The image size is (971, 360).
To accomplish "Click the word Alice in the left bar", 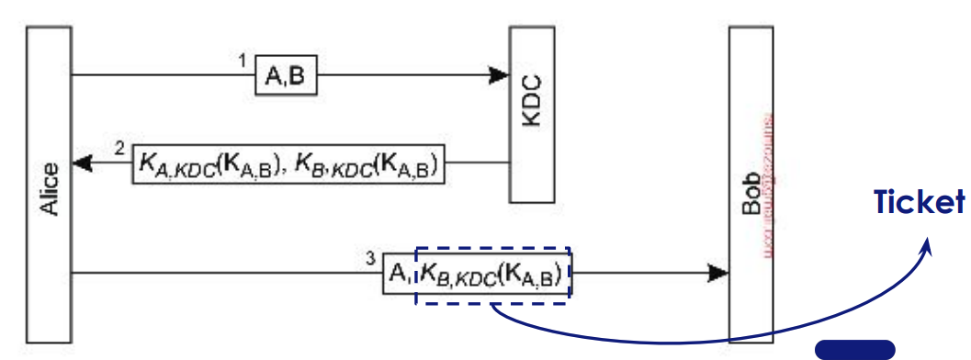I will coord(51,189).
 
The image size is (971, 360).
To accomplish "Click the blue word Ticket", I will coord(919,203).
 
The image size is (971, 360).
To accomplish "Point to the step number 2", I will coord(120,148).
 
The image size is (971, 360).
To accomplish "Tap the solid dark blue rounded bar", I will coord(854,349).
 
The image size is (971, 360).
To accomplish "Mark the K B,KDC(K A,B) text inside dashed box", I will coord(494,273).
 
